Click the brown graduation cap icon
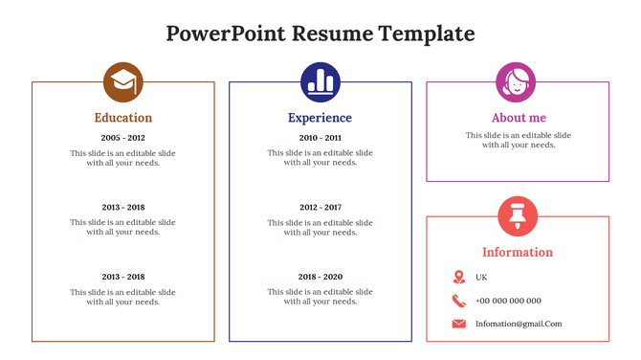click(x=122, y=81)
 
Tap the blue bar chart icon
click(x=320, y=81)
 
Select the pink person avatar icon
click(x=517, y=81)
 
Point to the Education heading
click(x=122, y=118)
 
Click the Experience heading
click(x=320, y=118)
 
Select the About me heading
click(x=518, y=118)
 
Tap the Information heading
click(x=518, y=253)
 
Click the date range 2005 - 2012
click(x=122, y=138)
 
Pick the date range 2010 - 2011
click(x=320, y=138)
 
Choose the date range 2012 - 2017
click(x=320, y=208)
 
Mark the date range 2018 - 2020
click(x=320, y=277)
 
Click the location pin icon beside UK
click(x=459, y=277)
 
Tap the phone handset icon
click(x=459, y=301)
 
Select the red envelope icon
click(x=459, y=324)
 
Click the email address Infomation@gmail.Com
click(x=519, y=324)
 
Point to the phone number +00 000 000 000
click(x=508, y=301)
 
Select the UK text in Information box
click(x=481, y=277)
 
